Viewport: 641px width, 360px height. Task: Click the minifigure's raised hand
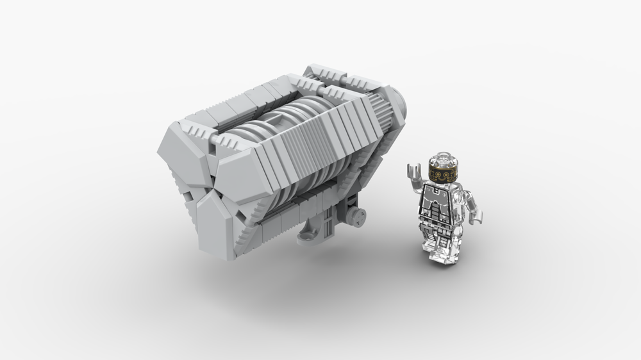point(413,171)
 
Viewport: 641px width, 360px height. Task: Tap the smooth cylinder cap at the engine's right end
point(401,106)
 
